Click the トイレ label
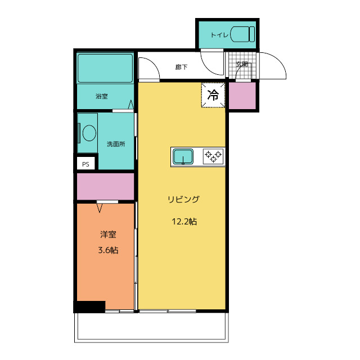219,35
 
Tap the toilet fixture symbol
243,34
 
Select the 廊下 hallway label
181,67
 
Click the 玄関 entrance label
242,64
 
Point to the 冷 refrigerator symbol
213,95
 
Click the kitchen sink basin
183,156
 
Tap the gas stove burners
213,156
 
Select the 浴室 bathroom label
102,96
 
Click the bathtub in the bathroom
105,68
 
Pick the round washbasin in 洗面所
89,133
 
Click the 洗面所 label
116,144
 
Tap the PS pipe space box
85,164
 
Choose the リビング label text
184,199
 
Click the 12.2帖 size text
184,222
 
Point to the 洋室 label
108,235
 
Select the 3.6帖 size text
108,250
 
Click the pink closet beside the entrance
242,96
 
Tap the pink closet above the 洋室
105,186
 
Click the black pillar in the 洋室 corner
90,307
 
